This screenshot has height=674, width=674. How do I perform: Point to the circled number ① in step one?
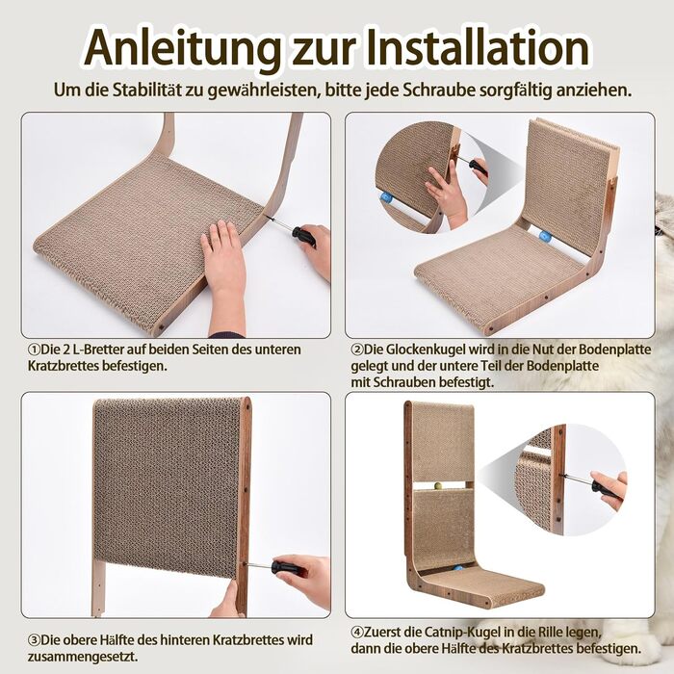pos(34,350)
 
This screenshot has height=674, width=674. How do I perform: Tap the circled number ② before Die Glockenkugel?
pos(357,350)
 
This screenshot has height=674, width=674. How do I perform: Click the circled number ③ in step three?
pos(34,640)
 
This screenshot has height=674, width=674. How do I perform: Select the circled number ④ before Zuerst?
pos(357,633)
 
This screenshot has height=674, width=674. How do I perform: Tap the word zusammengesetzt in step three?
pos(82,658)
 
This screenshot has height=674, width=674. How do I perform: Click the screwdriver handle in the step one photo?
pos(304,236)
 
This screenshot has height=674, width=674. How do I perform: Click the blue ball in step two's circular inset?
pos(386,198)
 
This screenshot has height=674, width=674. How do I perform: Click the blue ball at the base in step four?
pos(459,570)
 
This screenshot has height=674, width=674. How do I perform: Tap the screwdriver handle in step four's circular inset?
pos(607,490)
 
